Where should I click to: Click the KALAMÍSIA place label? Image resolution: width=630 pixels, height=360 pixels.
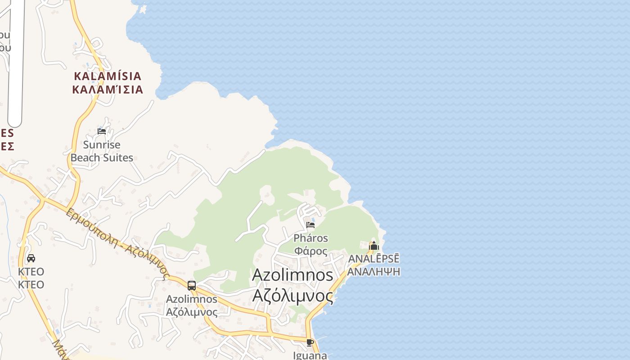tap(108, 76)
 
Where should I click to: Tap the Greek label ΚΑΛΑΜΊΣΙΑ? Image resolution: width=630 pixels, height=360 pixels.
tap(108, 89)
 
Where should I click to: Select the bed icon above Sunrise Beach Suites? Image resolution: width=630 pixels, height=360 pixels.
tap(102, 131)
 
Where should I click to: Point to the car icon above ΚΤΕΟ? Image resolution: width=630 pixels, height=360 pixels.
tap(31, 258)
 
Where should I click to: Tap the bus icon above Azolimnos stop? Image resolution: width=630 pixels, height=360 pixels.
tap(192, 285)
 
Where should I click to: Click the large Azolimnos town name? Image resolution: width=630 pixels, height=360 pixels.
tap(293, 275)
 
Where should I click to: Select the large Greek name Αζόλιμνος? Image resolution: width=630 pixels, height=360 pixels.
tap(293, 296)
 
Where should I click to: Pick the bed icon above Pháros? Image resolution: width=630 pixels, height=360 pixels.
tap(310, 225)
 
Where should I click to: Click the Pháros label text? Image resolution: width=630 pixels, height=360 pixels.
tap(310, 238)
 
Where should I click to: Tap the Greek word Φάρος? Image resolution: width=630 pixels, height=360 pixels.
tap(310, 251)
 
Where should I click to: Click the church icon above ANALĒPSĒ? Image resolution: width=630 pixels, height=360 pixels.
tap(373, 246)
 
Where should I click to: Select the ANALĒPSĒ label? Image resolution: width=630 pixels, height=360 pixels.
tap(373, 259)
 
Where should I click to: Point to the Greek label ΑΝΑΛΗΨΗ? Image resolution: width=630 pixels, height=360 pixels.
tap(373, 271)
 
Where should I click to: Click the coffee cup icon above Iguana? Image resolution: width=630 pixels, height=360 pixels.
tap(310, 342)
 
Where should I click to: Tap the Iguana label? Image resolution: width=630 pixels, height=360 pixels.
tap(310, 355)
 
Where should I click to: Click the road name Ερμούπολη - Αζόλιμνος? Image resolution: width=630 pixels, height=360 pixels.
tap(117, 243)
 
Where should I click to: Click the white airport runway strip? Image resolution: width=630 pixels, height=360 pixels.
tap(15, 63)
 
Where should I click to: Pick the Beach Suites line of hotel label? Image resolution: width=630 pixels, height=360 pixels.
tap(102, 157)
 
